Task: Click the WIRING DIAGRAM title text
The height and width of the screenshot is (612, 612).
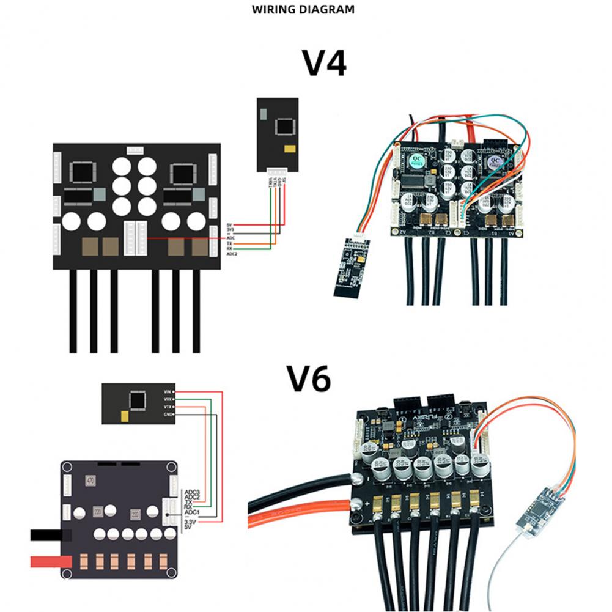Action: pos(303,10)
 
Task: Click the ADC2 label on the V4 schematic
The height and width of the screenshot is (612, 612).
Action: pos(231,254)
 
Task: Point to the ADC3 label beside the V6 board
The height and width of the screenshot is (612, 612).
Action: pos(192,491)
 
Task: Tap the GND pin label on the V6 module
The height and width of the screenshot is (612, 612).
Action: pos(168,415)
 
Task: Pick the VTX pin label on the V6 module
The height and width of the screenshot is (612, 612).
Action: pos(168,407)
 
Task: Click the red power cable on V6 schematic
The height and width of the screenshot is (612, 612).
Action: pos(46,561)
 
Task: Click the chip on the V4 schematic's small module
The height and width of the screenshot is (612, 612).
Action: pos(284,127)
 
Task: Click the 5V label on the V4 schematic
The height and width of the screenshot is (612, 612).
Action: pos(230,225)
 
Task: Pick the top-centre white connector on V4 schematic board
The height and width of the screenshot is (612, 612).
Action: pos(135,150)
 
